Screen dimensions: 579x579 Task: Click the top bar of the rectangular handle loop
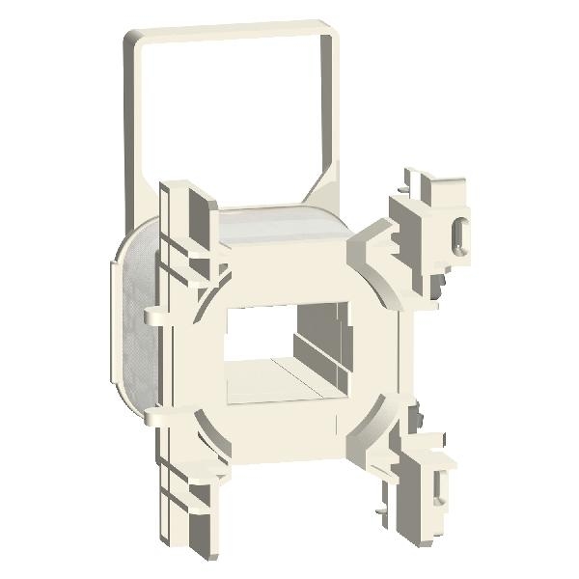coord(232,26)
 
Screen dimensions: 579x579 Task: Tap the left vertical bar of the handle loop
coord(129,116)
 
